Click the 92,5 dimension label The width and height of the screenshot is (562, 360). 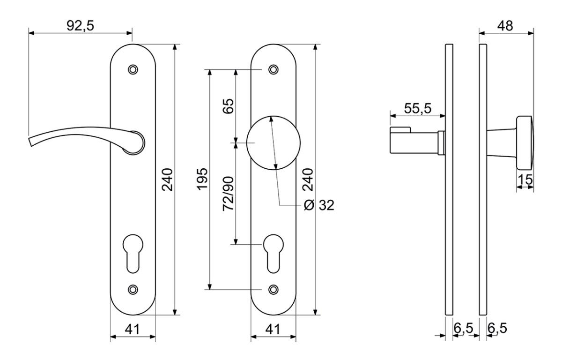(80, 26)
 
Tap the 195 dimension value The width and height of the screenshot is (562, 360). (202, 179)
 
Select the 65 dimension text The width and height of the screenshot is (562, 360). (228, 106)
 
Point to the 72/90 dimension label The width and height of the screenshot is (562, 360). (228, 194)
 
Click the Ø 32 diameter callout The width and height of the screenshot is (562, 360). (319, 205)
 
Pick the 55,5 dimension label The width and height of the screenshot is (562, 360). (417, 108)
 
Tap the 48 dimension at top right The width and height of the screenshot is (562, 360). (505, 26)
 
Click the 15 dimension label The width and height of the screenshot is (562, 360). (525, 180)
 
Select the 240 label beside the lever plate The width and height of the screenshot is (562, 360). (167, 180)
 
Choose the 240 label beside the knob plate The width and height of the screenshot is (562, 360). (308, 180)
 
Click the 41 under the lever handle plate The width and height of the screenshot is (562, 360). (132, 329)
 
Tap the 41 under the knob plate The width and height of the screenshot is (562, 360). (273, 329)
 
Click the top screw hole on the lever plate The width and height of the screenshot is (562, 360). (133, 69)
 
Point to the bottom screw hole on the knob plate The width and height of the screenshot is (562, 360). (274, 290)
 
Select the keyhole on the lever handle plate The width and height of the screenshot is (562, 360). (133, 254)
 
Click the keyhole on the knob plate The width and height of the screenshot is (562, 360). (274, 254)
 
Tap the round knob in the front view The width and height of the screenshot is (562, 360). (273, 142)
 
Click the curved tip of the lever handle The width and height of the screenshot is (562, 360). (30, 142)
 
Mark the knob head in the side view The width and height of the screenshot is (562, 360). (525, 142)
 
